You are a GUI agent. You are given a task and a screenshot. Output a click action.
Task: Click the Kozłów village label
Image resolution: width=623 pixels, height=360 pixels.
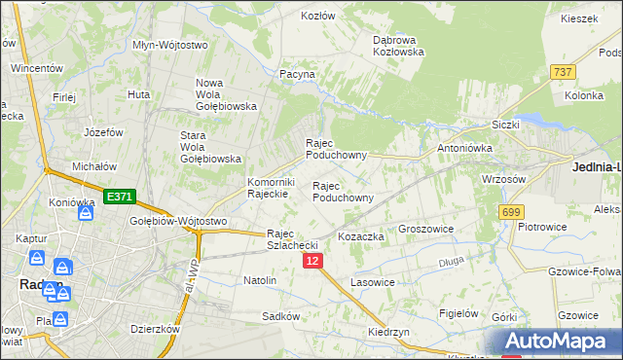317,17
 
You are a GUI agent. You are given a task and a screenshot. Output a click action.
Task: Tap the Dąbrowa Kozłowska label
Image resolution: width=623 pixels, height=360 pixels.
399,46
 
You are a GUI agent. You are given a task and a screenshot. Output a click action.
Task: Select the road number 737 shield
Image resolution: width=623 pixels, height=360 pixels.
562,72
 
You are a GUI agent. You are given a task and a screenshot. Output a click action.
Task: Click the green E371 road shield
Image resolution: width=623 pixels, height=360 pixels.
119,197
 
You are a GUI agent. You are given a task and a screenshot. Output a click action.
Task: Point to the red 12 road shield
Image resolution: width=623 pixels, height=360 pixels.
311,261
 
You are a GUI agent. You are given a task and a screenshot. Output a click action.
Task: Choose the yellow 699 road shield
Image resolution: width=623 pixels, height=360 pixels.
510,211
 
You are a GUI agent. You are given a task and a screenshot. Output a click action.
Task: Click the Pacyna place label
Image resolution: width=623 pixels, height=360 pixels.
297,73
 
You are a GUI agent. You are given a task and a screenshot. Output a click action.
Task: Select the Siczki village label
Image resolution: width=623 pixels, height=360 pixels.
506,125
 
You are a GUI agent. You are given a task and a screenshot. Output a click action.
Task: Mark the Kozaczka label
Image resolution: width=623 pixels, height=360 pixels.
361,236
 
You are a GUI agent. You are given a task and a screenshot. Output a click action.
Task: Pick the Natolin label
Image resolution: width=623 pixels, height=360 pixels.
260,280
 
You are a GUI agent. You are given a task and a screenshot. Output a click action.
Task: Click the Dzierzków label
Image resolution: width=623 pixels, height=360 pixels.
156,329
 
